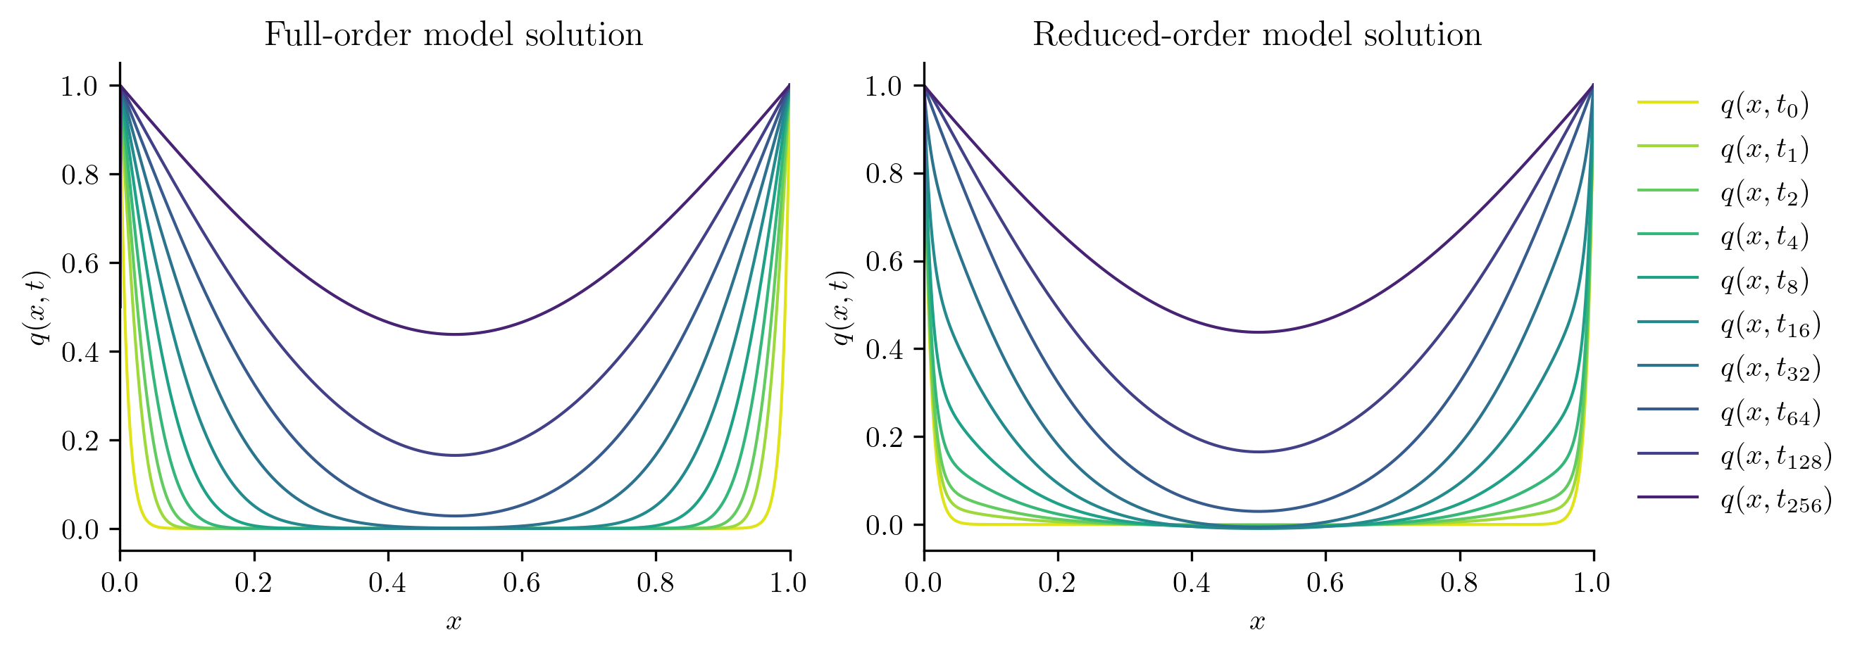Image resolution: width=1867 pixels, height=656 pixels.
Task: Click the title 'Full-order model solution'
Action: [x=453, y=34]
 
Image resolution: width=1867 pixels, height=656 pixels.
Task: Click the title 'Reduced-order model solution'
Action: [x=1256, y=34]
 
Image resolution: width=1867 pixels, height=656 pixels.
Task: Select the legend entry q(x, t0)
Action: [x=1765, y=106]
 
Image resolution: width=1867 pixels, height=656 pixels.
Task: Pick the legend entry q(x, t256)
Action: [x=1775, y=500]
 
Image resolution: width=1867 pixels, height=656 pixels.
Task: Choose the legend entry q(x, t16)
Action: [x=1770, y=325]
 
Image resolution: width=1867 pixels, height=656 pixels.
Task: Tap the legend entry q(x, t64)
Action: [x=1770, y=412]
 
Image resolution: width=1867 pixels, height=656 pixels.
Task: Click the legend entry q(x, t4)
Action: [x=1765, y=236]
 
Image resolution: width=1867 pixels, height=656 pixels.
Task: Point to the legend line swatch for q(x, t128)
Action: [x=1668, y=453]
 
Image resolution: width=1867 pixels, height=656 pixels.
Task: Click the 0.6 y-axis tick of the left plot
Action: [x=80, y=263]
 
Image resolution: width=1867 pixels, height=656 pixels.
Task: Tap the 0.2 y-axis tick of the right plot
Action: [x=885, y=437]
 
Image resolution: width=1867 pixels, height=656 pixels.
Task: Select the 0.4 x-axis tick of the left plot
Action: [x=387, y=583]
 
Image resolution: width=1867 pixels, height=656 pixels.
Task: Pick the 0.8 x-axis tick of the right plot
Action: [x=1459, y=583]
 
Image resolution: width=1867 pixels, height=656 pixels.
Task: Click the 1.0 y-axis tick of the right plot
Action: [x=885, y=86]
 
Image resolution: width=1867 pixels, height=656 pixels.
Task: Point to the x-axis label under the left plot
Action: [x=454, y=622]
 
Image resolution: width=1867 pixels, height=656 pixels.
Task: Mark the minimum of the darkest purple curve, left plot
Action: [x=454, y=334]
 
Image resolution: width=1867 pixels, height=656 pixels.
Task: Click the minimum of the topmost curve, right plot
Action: [x=1259, y=332]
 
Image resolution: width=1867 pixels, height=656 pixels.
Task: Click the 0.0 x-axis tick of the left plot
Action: [x=120, y=583]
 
